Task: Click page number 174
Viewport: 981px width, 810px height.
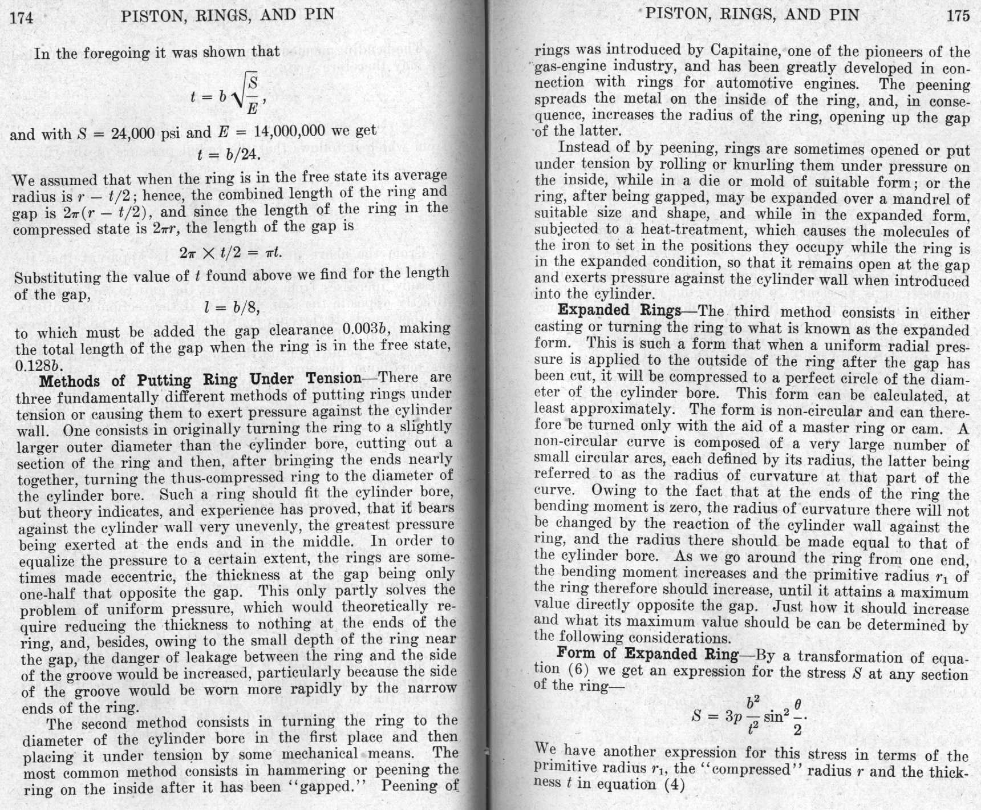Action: (x=22, y=17)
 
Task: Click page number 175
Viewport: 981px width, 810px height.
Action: (x=958, y=15)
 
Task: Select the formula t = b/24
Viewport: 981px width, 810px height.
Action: (x=229, y=155)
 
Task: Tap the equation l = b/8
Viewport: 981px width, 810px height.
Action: (x=232, y=309)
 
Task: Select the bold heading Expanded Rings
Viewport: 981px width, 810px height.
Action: (x=619, y=310)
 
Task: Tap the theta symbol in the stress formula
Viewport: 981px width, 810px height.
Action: (x=797, y=705)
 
